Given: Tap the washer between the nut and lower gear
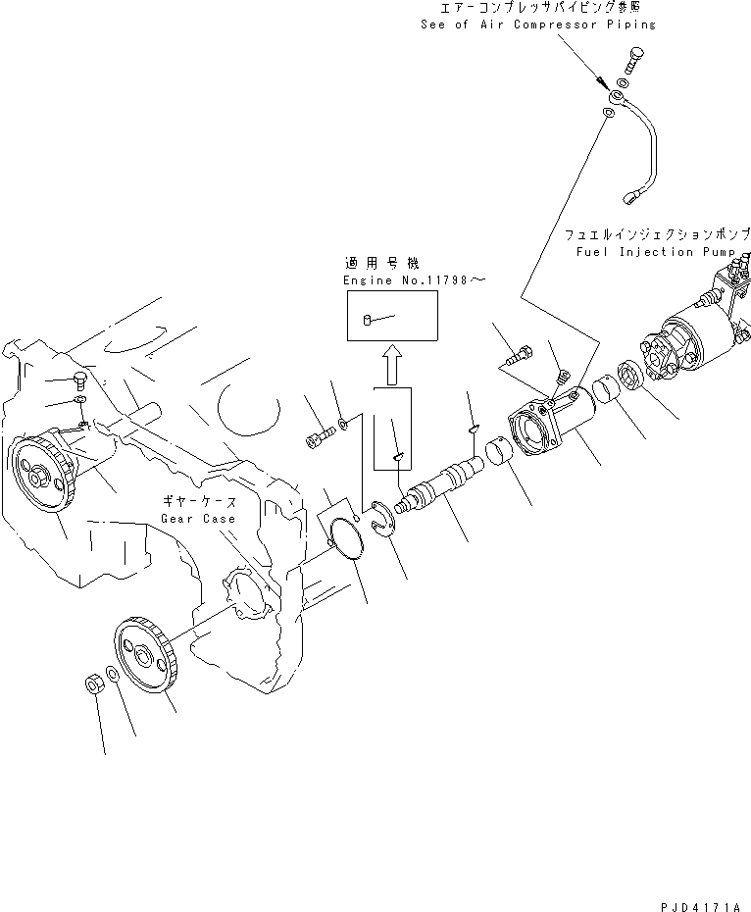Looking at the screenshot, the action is pyautogui.click(x=115, y=676).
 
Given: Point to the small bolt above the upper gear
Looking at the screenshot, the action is pyautogui.click(x=81, y=380).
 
